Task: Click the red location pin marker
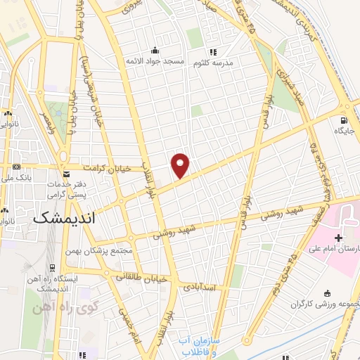tap(181, 165)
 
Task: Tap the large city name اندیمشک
tap(63, 219)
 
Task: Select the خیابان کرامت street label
tap(108, 169)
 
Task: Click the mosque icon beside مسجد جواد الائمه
tap(155, 51)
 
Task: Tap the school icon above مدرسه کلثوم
tap(213, 51)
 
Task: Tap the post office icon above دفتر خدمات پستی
tap(66, 174)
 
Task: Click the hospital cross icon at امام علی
tap(339, 238)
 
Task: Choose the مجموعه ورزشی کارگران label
tap(326, 304)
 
